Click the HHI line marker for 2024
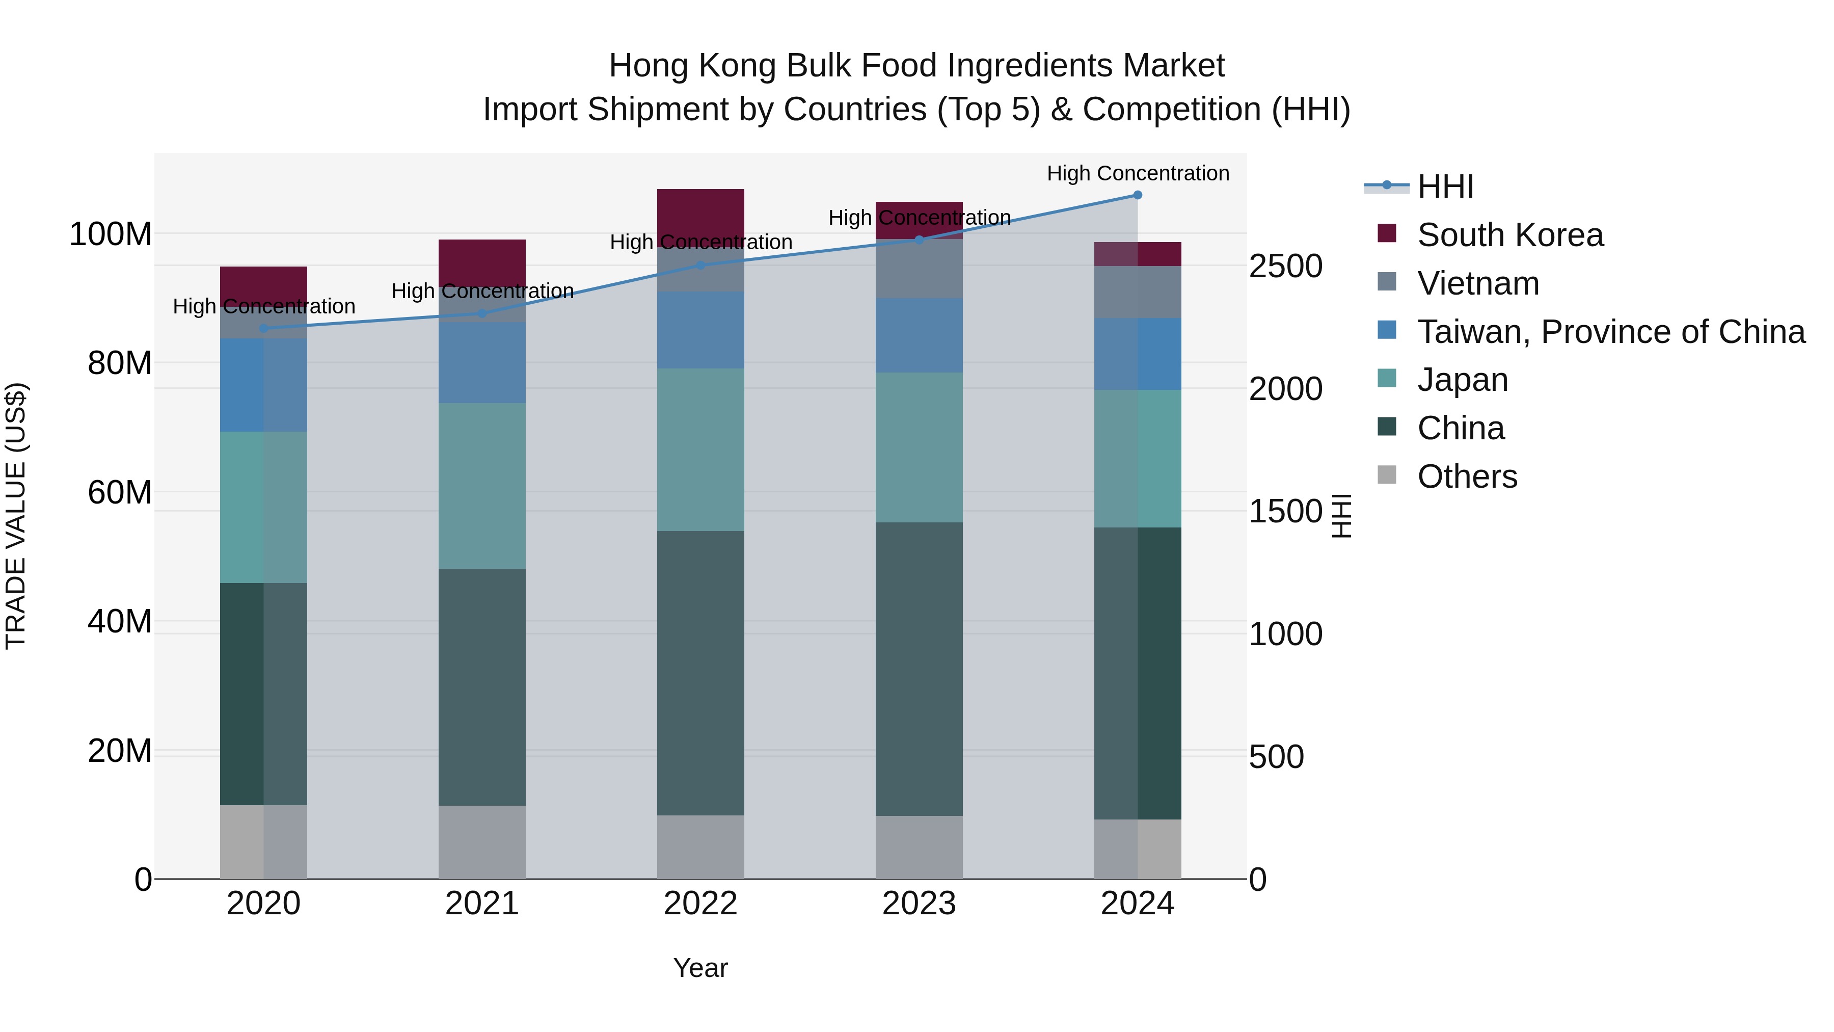[1137, 195]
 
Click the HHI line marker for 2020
[263, 328]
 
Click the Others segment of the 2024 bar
[1137, 849]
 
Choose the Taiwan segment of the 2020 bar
[263, 385]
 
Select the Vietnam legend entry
[1477, 283]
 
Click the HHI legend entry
[1445, 187]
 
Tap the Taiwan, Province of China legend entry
[1610, 332]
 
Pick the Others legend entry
[1467, 477]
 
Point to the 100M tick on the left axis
[111, 234]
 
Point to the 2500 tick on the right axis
[1285, 267]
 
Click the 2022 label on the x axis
[700, 904]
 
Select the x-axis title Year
[700, 968]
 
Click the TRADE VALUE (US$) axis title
[16, 516]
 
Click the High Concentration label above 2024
[1137, 173]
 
